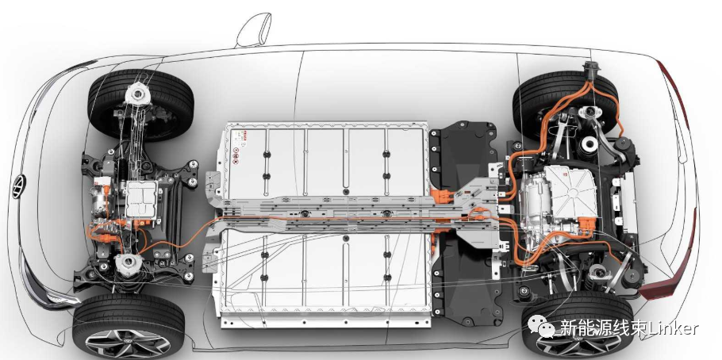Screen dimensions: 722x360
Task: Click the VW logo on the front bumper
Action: (18, 187)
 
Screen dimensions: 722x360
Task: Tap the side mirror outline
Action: (254, 30)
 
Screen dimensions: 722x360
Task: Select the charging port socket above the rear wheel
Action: (590, 71)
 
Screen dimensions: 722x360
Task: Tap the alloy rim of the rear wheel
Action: (578, 345)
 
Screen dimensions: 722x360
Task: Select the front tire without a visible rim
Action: (140, 105)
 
